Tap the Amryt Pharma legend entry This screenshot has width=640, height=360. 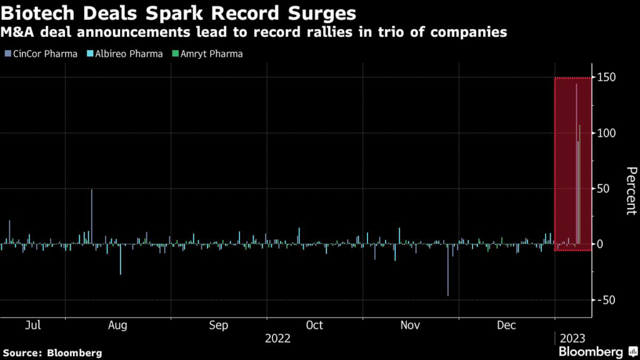206,54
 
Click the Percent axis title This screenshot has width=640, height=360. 631,191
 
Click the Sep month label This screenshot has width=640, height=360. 219,326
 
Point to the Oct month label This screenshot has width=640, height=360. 314,326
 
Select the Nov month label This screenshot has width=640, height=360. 410,326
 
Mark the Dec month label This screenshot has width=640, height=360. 507,326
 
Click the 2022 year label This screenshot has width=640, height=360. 277,339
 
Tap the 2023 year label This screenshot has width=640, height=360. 573,339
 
